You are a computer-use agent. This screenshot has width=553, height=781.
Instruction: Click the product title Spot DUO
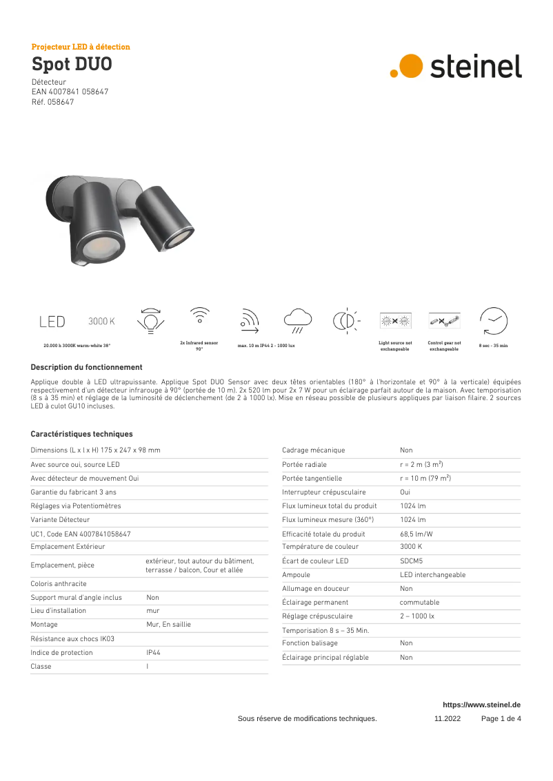72,65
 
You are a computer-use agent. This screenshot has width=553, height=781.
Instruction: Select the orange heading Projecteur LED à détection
81,47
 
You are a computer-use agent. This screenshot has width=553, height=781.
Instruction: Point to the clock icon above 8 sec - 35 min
493,321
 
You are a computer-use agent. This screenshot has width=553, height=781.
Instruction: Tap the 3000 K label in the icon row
101,322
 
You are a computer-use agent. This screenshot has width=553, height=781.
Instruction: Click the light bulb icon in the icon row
150,321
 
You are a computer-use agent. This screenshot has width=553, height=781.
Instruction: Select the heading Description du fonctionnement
86,367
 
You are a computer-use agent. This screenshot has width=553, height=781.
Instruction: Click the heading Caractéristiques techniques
81,434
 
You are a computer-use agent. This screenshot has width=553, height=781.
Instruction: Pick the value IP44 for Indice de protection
153,652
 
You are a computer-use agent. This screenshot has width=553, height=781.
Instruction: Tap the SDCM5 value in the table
412,561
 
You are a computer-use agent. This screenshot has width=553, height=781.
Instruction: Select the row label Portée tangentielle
312,478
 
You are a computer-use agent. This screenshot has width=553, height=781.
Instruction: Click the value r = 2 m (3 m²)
421,464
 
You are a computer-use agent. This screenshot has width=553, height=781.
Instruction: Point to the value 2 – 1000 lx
417,616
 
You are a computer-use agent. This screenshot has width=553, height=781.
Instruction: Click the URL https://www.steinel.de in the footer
481,705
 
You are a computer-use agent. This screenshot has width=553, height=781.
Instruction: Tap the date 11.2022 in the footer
447,718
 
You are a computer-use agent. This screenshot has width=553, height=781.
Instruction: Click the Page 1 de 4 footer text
501,718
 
